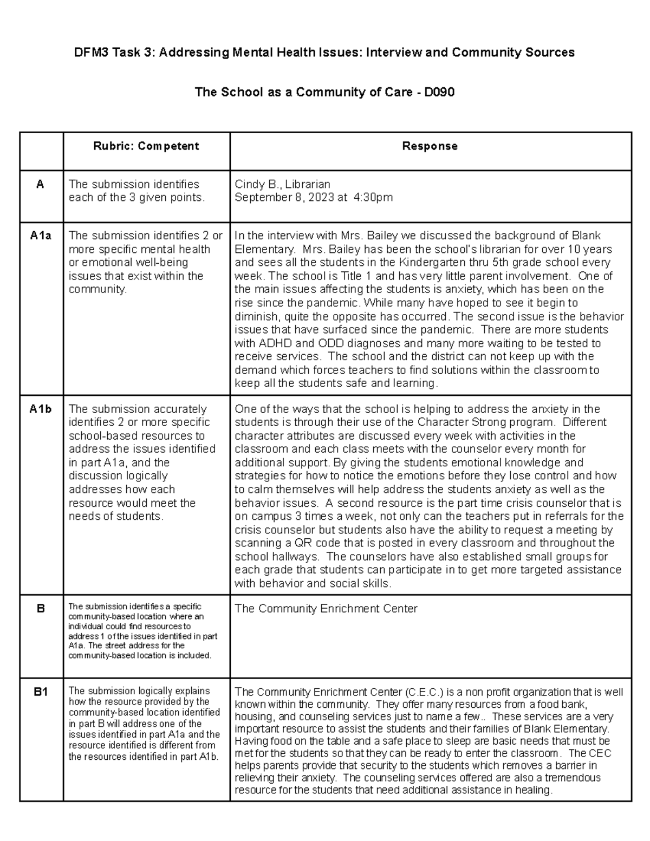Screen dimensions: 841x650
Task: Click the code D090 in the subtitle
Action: [439, 93]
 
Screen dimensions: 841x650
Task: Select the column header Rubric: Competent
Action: [146, 146]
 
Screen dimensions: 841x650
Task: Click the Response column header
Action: [430, 146]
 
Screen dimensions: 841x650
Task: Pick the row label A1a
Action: [41, 236]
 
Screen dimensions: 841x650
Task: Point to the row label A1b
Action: [41, 409]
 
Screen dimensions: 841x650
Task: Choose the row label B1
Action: [41, 692]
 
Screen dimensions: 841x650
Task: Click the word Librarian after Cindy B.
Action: [308, 185]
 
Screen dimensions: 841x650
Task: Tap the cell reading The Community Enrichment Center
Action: [326, 609]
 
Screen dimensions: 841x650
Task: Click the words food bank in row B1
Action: [561, 705]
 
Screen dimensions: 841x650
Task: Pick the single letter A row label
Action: [40, 185]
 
